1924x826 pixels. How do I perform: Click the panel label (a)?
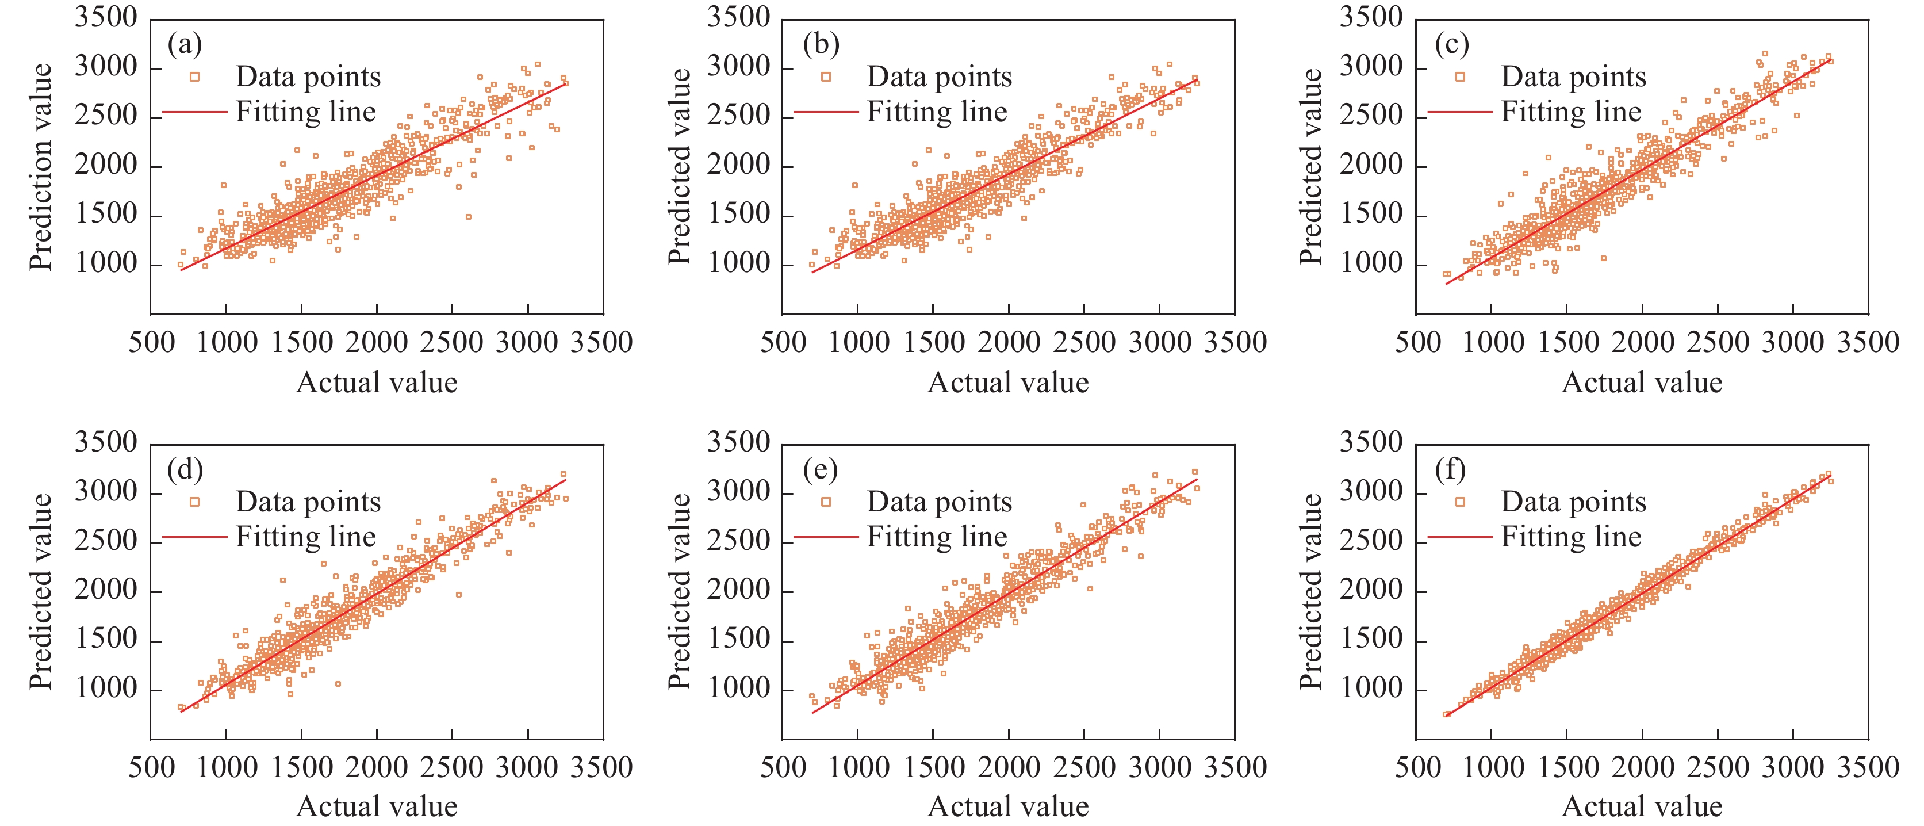pos(185,45)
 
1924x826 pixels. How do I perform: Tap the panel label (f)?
pos(1450,470)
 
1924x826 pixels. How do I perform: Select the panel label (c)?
pos(1452,45)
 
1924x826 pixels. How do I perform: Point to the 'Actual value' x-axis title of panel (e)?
pos(1007,806)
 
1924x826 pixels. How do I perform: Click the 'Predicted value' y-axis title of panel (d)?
pos(40,591)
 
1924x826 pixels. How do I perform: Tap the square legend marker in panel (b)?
pos(826,77)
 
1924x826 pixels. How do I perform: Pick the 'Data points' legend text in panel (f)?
pos(1574,502)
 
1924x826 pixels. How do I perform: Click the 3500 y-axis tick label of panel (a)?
pos(106,17)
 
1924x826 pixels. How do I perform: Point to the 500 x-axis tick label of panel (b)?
pos(783,343)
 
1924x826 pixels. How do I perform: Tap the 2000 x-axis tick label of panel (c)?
pos(1642,343)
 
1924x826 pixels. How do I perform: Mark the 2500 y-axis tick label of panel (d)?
pos(106,541)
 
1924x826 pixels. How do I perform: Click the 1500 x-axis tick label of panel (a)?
pos(301,343)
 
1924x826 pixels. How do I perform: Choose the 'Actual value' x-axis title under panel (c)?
pos(1642,383)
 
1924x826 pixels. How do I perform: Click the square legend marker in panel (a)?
pos(195,77)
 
